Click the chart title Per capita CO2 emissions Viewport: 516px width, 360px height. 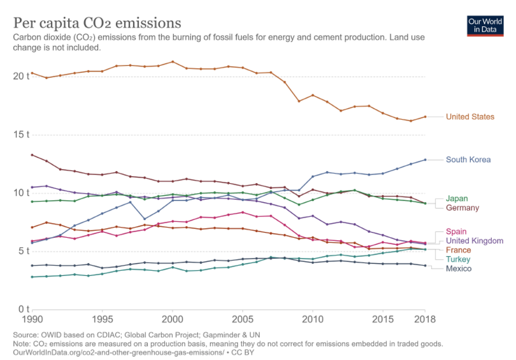(97, 23)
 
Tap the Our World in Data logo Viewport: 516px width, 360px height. (485, 26)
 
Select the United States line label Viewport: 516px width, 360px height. (470, 117)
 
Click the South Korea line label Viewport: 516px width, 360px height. (468, 160)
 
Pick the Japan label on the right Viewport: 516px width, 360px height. (457, 198)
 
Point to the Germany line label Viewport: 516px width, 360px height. (462, 208)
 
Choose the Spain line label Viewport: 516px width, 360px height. (456, 231)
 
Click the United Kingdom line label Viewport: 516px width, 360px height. (474, 241)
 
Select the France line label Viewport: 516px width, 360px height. (458, 250)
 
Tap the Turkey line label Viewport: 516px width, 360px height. (458, 259)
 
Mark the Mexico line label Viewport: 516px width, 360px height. (458, 268)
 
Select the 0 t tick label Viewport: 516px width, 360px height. (24, 310)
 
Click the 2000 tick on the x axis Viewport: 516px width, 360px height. (173, 320)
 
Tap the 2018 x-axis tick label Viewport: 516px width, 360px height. (424, 320)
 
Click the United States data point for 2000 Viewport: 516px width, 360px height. (173, 62)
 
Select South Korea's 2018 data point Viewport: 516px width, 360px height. (424, 160)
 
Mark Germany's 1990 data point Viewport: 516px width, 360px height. (32, 155)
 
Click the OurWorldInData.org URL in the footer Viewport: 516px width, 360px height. (119, 352)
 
